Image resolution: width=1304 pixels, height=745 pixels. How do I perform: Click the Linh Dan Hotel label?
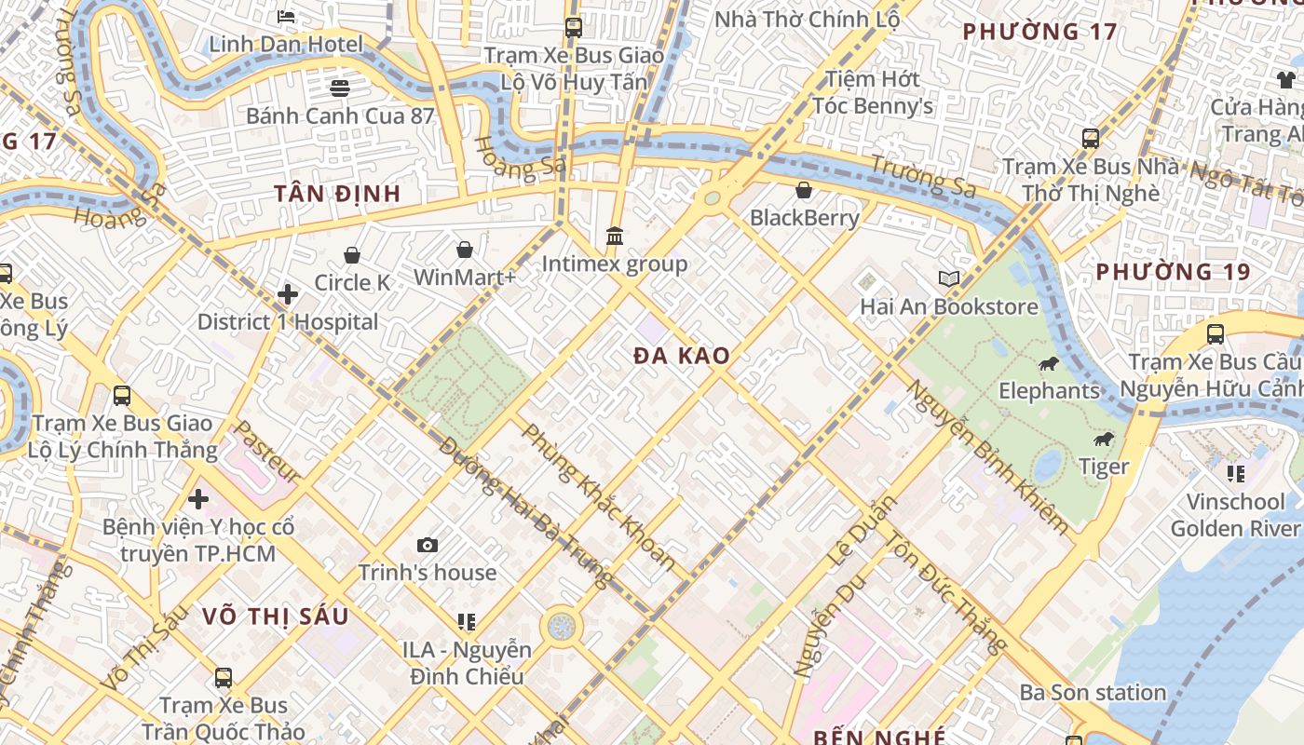point(286,44)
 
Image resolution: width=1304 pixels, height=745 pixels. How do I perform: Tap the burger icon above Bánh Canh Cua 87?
point(340,88)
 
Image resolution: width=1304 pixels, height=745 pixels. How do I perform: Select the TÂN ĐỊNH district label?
point(337,194)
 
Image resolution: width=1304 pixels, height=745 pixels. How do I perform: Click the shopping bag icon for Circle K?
point(352,255)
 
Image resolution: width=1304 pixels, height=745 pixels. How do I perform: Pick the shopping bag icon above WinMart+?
point(464,250)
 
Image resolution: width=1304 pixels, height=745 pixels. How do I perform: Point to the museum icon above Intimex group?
point(615,237)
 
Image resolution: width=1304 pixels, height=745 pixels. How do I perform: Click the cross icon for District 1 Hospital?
point(288,295)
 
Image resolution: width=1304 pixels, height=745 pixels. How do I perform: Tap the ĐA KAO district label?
point(682,356)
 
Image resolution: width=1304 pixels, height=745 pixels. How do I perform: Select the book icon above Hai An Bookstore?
point(948,278)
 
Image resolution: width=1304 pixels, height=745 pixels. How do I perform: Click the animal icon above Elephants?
point(1049,363)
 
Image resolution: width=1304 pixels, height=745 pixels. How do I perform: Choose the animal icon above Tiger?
point(1104,439)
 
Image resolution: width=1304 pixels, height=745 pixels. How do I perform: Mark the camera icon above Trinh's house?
point(428,545)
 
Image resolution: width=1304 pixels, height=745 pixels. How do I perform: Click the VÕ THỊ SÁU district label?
point(276,616)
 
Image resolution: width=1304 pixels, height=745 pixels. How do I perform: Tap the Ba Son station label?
point(1093,692)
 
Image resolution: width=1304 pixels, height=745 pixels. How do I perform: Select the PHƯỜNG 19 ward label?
point(1173,272)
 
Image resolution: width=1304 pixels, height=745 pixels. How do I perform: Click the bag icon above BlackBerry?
point(804,191)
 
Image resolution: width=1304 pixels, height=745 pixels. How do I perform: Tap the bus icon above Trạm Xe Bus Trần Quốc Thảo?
point(224,677)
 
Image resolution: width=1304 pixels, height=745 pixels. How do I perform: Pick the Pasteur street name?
point(266,453)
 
